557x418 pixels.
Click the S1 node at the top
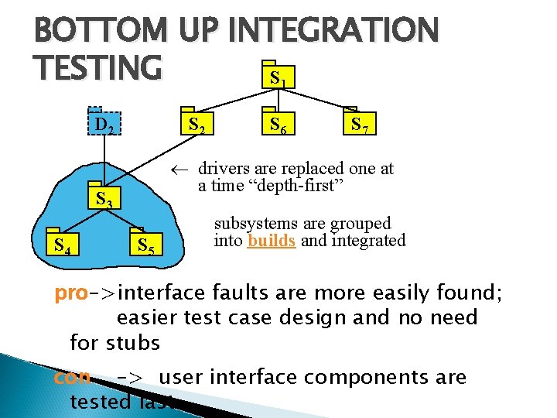(278, 77)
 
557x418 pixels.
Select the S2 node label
(196, 124)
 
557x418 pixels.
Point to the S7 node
(361, 124)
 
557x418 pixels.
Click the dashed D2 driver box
(104, 124)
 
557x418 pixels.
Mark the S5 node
(146, 246)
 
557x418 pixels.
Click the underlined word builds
(271, 241)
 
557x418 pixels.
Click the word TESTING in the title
(97, 69)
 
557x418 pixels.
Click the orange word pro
(70, 294)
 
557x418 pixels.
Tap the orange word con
(72, 378)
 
